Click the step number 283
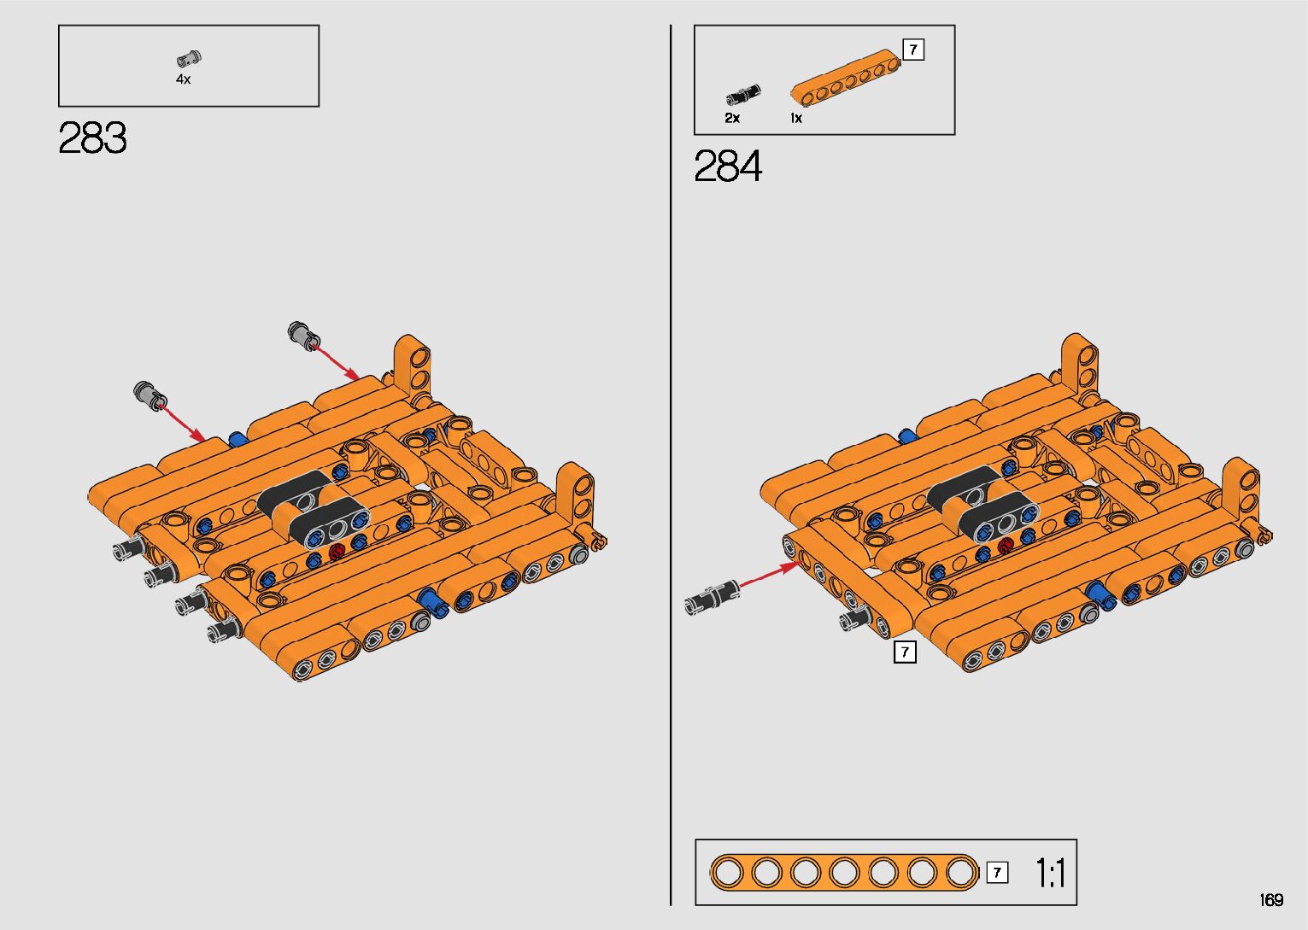pyautogui.click(x=92, y=137)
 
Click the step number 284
pyautogui.click(x=728, y=166)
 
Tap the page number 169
pyautogui.click(x=1271, y=899)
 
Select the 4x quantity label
pyautogui.click(x=184, y=79)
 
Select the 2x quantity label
pyautogui.click(x=732, y=118)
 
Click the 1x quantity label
pyautogui.click(x=796, y=118)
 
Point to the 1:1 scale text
pyautogui.click(x=1051, y=874)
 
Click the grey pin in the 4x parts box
pyautogui.click(x=189, y=58)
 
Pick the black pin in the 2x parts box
pyautogui.click(x=742, y=95)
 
